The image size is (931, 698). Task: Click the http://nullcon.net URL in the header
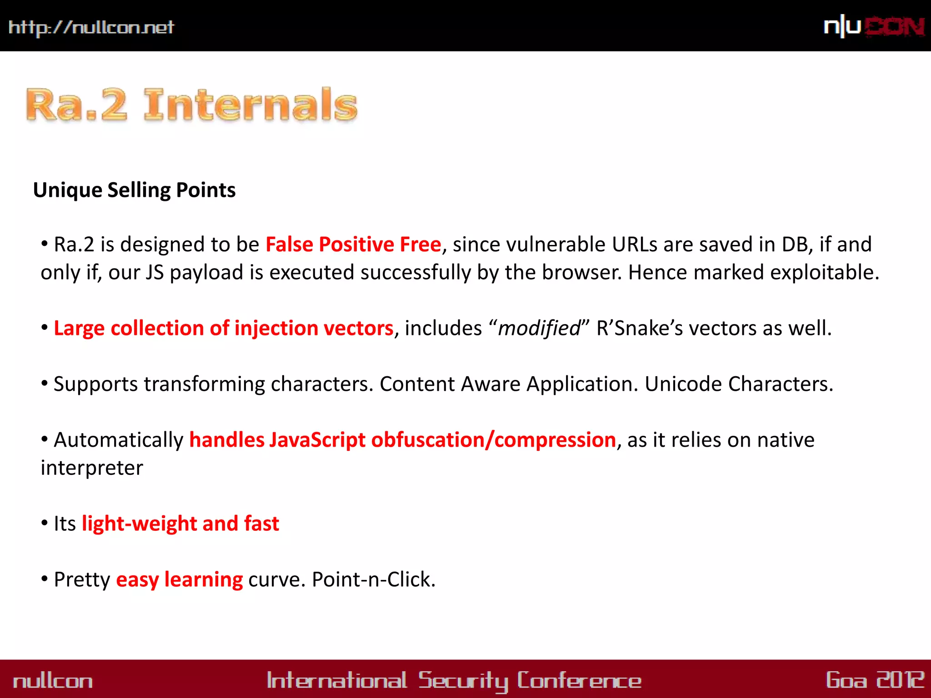[91, 27]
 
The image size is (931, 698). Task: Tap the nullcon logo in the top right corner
[874, 26]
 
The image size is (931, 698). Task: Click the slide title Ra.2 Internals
[192, 105]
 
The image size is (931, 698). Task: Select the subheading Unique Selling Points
[135, 190]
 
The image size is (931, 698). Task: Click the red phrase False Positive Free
[353, 244]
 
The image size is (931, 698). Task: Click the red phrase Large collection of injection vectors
[224, 328]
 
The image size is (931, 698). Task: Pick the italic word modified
[539, 328]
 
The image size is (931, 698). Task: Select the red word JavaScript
[317, 440]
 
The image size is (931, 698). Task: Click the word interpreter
[92, 468]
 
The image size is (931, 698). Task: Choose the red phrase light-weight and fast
[180, 523]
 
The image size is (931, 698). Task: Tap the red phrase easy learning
[180, 579]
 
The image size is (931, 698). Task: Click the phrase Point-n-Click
[374, 579]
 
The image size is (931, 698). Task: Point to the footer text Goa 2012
[875, 680]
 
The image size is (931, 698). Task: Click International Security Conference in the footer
[454, 681]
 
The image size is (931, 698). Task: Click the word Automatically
[119, 440]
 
